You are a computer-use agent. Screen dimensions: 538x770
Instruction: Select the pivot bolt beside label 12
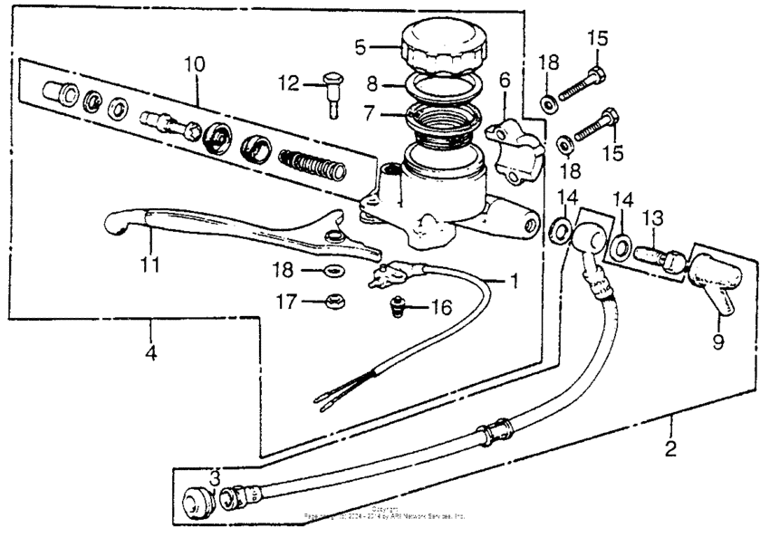(x=331, y=93)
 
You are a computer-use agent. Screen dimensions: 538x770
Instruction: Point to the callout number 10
(x=195, y=64)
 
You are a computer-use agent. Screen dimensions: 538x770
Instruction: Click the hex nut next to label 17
(x=333, y=302)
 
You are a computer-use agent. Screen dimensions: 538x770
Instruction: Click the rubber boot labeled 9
(x=714, y=276)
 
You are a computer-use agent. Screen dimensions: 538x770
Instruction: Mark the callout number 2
(x=670, y=448)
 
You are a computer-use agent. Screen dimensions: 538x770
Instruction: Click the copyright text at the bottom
(x=385, y=513)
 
